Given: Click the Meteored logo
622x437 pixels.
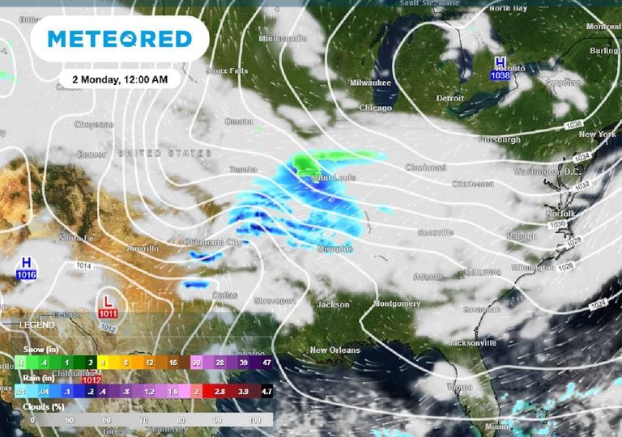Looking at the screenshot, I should pos(119,38).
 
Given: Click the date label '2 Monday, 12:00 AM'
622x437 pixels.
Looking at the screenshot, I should pos(120,79).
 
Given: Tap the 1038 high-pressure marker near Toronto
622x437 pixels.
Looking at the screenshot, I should pos(501,69).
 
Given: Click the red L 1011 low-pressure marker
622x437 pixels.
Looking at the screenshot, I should pos(108,307).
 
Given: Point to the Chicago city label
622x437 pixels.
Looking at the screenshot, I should pos(374,108).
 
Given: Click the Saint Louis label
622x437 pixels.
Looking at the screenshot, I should pos(334,177).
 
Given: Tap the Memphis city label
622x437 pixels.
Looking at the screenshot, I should pos(335,249).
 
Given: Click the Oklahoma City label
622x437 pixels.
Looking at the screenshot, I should pos(214,242).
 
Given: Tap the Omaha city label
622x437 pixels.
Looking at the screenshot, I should pos(239,121).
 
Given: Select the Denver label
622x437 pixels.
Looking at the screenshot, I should pos(92,154).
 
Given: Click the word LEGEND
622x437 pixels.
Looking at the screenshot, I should pos(37,325).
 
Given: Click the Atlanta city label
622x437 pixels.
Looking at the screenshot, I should pos(428,278).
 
